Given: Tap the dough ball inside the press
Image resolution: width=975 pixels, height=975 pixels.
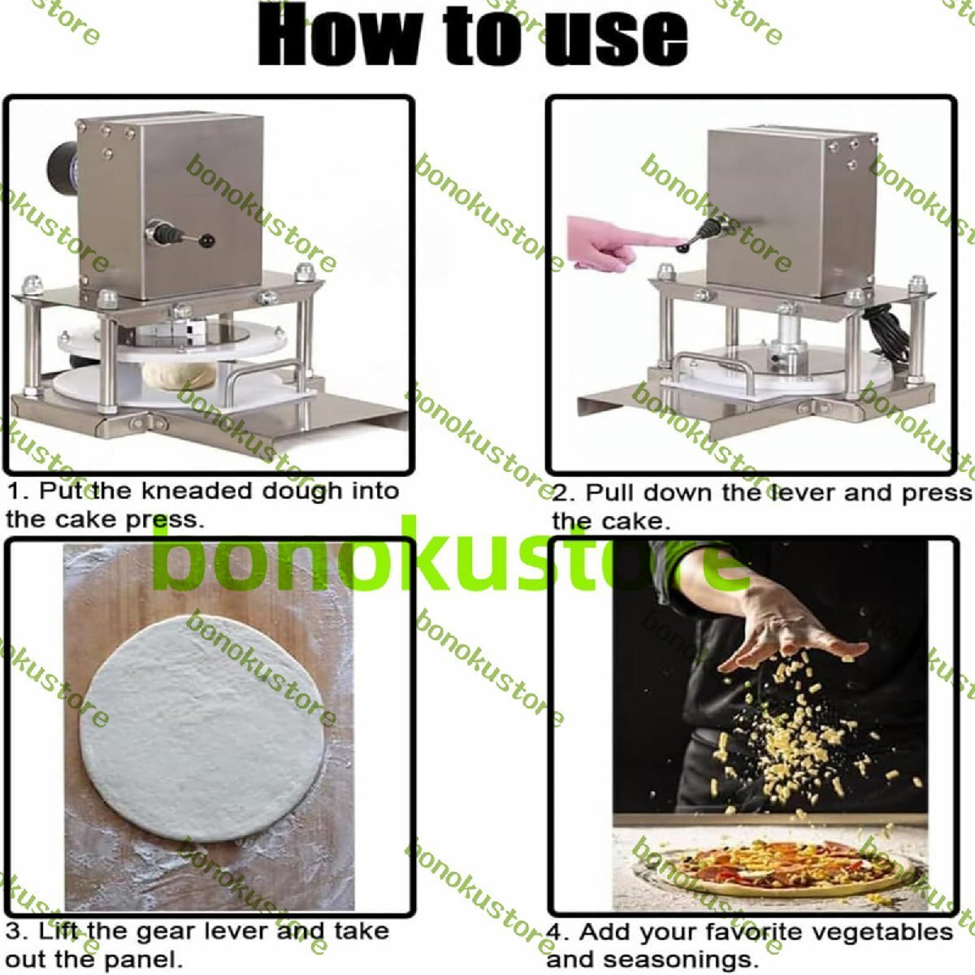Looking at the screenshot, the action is coord(180,375).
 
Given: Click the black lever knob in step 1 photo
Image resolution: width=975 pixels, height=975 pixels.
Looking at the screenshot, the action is coord(207,240).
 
